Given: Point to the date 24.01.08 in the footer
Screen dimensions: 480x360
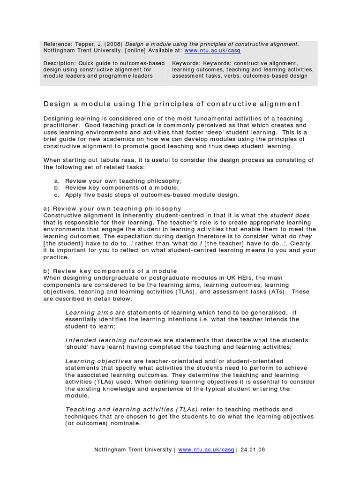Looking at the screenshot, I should (253, 450).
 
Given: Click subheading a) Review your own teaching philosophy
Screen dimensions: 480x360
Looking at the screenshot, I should (112, 208).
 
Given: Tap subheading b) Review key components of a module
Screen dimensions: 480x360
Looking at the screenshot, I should (110, 271).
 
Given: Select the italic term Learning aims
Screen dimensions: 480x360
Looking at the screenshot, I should (82, 313).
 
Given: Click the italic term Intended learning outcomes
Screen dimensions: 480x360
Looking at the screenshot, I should (113, 340).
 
